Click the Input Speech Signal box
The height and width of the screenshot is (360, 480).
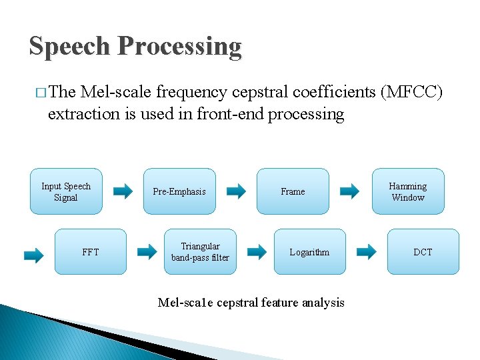click(x=66, y=191)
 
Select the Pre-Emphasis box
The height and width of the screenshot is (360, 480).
click(x=179, y=191)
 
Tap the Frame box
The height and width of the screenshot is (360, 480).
click(x=293, y=191)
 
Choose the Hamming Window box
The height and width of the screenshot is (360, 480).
click(x=408, y=191)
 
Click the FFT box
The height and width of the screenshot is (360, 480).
click(x=90, y=252)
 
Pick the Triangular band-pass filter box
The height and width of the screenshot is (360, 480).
click(x=199, y=252)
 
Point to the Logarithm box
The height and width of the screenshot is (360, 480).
click(x=309, y=252)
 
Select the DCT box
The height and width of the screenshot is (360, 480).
click(x=423, y=252)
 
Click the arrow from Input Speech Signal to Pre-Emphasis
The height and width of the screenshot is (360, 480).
click(x=123, y=192)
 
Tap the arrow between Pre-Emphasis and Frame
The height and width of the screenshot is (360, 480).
click(x=236, y=192)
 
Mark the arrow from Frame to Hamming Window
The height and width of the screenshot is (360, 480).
click(x=349, y=192)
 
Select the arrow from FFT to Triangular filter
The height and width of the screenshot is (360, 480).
click(x=147, y=252)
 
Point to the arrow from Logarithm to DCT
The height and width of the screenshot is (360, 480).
click(x=366, y=252)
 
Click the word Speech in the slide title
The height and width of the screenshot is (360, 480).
click(x=69, y=47)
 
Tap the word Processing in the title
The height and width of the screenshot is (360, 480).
click(x=179, y=47)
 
